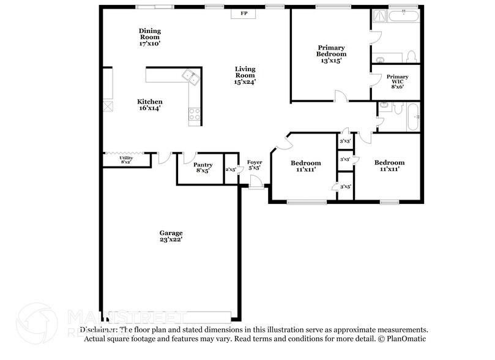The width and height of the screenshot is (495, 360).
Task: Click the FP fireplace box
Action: point(244,13)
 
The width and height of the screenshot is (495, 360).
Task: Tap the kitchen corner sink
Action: point(190,77)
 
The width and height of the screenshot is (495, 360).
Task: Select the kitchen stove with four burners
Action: point(195,113)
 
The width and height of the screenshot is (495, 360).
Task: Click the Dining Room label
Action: point(149,37)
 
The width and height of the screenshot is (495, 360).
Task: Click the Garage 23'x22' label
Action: point(171,236)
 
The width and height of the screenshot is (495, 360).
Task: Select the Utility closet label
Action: point(126,160)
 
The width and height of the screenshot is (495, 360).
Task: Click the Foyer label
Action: point(255,165)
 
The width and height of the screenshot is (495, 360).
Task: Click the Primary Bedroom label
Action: point(331,54)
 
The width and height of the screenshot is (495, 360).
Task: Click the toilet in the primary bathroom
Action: point(411,56)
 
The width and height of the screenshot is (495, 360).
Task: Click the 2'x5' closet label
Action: point(231,170)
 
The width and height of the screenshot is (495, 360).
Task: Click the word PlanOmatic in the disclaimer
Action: point(406,339)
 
